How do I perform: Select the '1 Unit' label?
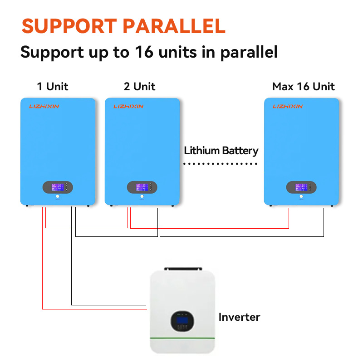coord(53,86)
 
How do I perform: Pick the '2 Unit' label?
coord(139,86)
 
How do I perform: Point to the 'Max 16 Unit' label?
coord(303,86)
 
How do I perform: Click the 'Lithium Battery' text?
coord(221,151)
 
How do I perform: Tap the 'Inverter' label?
coord(239,317)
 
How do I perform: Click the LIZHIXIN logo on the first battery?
coord(44,106)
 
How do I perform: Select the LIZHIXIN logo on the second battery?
coord(128,106)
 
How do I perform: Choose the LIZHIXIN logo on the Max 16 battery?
coord(287,106)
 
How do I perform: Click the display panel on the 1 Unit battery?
coord(58,187)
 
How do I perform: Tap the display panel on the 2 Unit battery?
coord(142,187)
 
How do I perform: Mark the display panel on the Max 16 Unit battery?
coord(301,187)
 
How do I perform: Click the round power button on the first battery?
coord(58,197)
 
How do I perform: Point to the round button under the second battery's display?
coord(142,197)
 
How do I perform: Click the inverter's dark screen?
coord(182,322)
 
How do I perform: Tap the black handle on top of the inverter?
coord(182,269)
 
